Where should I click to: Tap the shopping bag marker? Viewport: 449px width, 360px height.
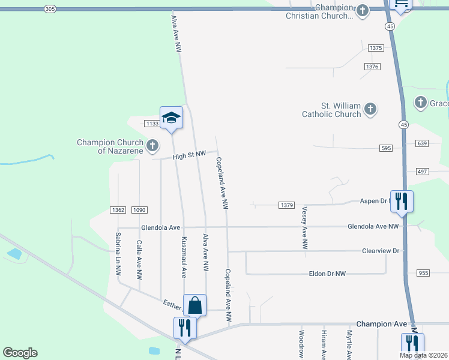point(195,306)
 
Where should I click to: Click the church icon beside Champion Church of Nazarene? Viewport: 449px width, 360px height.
point(152,145)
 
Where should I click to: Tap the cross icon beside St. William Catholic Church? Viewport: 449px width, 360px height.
point(370,109)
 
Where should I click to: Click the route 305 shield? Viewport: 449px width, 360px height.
point(50,8)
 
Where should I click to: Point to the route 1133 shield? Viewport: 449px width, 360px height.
point(151,124)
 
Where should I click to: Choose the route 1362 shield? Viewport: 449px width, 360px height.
point(118,210)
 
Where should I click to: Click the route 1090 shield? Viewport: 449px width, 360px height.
point(139,210)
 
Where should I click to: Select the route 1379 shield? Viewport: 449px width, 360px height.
point(286,205)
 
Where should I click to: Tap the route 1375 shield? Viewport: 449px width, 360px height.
point(376,48)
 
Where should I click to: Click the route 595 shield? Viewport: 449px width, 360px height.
point(386,148)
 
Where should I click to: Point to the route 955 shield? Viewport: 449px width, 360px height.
point(423,273)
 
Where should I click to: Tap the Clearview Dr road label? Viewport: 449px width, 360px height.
point(381,250)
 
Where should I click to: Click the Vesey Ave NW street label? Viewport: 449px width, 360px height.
point(305,228)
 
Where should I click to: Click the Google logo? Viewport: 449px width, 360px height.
point(20,353)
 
